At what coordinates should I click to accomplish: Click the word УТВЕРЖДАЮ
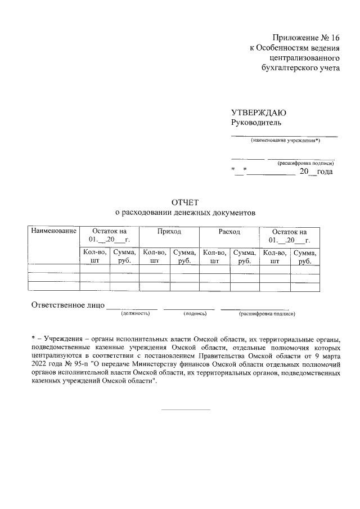tap(259, 112)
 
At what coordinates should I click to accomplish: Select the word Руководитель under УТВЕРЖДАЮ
tap(256, 123)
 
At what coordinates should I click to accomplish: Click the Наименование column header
tap(53, 231)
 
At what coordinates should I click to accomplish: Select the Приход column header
tap(169, 231)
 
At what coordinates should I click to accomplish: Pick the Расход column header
tap(229, 231)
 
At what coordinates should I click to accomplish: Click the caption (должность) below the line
tap(135, 313)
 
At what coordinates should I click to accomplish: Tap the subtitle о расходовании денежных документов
tap(185, 213)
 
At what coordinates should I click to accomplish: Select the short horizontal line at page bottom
tap(186, 409)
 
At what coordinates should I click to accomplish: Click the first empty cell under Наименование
tap(53, 269)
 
